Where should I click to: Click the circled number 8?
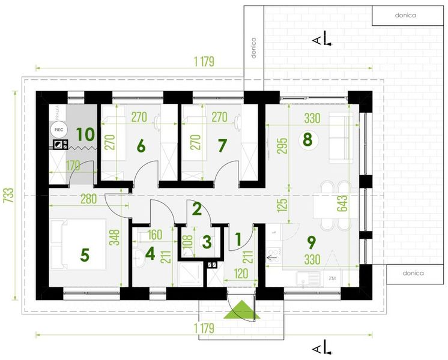coord(307,140)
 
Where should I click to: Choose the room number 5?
coord(85,254)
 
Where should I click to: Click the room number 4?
coord(150,253)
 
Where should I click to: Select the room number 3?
coord(206,242)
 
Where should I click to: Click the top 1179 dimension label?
coord(204,61)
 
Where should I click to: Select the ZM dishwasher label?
coord(332,278)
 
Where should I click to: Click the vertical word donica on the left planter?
coord(253,49)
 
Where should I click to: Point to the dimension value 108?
coord(187,242)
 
